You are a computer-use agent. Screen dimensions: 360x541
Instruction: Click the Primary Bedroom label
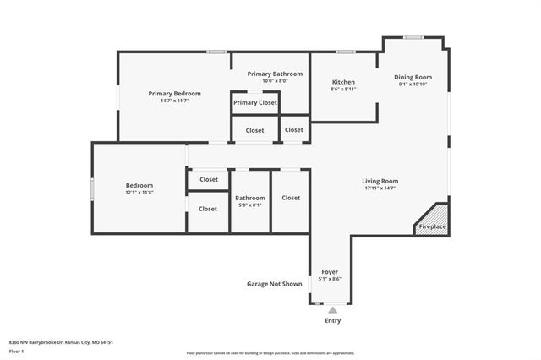click(x=174, y=93)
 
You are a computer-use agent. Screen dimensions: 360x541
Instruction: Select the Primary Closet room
click(x=255, y=102)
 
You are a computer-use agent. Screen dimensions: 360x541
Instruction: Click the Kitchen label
click(x=342, y=82)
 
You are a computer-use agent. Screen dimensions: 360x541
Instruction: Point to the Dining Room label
click(x=413, y=77)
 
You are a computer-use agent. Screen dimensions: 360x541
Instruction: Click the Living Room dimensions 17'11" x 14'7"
click(x=380, y=188)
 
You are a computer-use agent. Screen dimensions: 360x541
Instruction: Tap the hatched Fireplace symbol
click(x=433, y=218)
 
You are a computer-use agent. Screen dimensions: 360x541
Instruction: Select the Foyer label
click(x=330, y=272)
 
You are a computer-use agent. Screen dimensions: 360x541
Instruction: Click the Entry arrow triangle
click(x=332, y=311)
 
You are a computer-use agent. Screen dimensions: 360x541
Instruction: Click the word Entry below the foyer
click(x=333, y=321)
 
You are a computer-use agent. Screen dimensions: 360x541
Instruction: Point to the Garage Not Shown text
click(x=274, y=284)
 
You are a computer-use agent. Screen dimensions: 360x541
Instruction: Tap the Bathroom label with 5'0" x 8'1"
click(x=250, y=198)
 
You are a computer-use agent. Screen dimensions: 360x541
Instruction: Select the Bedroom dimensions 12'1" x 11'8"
click(x=139, y=192)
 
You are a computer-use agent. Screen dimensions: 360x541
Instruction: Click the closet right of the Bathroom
click(x=291, y=198)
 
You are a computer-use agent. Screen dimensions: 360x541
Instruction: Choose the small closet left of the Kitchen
click(x=294, y=129)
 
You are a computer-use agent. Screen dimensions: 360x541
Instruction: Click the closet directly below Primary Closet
click(x=254, y=130)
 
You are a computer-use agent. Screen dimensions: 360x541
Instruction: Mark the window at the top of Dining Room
click(x=413, y=36)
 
